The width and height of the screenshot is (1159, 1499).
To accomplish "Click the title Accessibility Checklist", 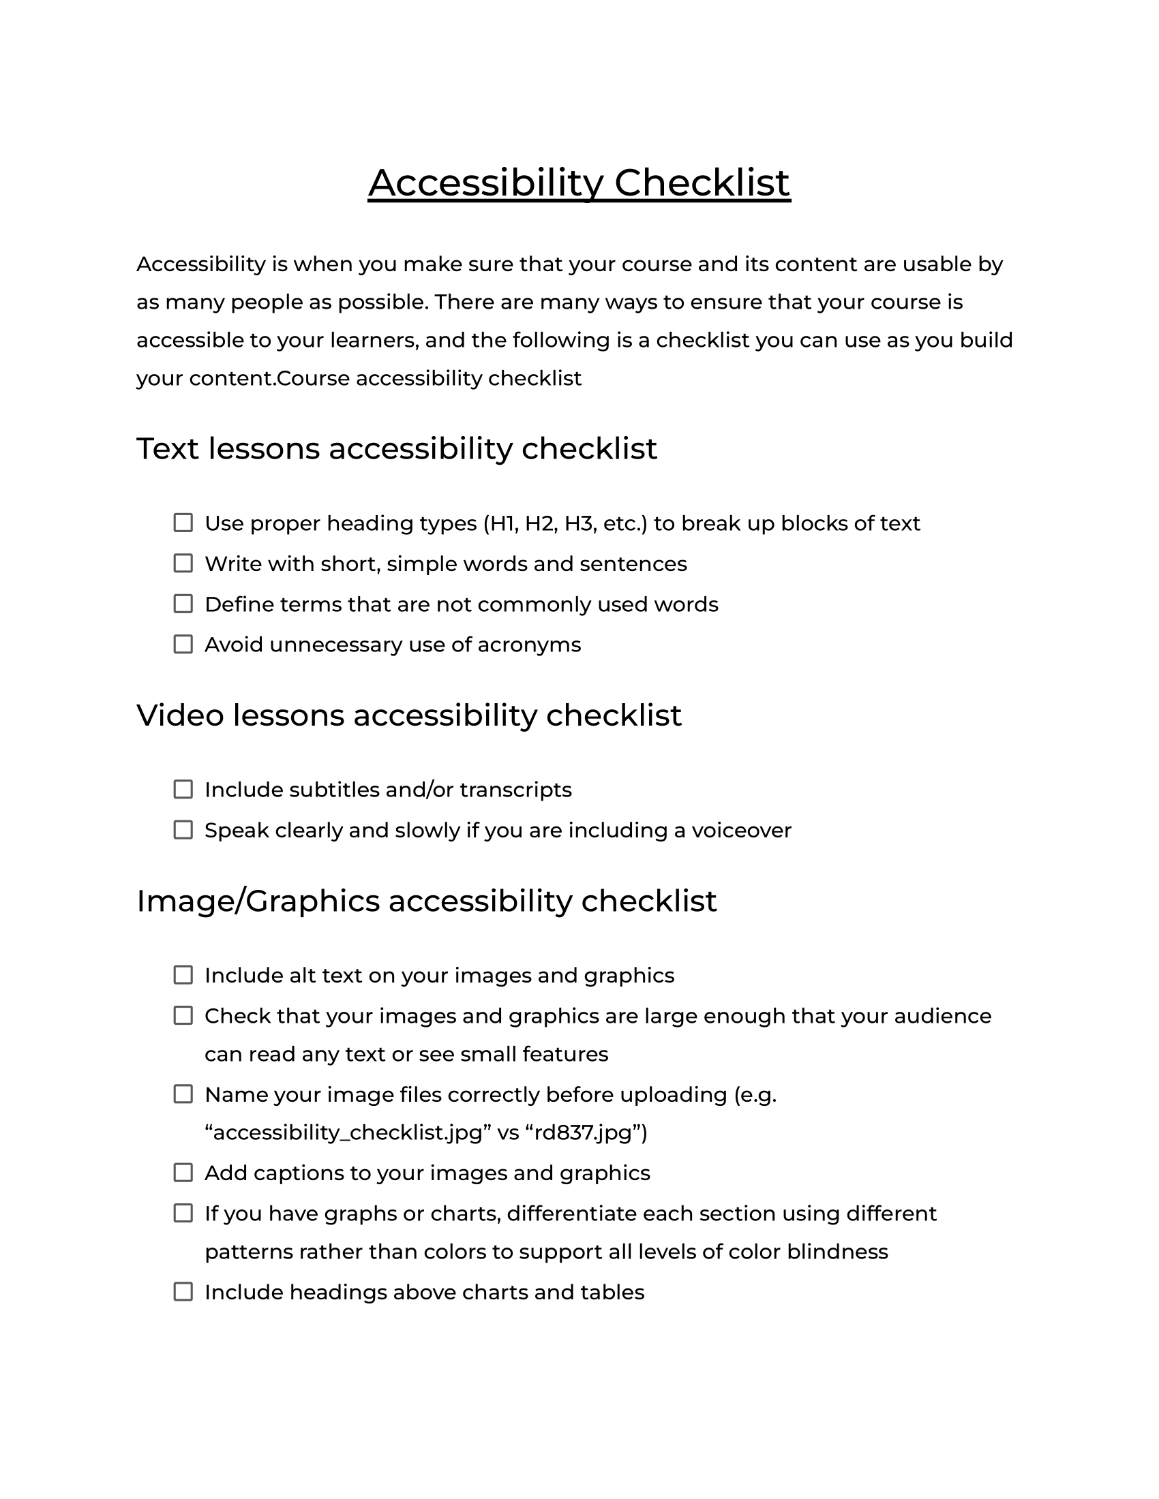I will coord(579,183).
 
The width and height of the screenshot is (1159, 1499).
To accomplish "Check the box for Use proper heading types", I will coord(183,523).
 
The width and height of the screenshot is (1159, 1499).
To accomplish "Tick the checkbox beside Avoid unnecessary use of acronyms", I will coord(183,645).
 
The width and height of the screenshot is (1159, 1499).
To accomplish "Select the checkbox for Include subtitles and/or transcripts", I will coord(183,789).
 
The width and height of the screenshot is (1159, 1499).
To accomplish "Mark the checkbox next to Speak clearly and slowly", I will coord(183,830).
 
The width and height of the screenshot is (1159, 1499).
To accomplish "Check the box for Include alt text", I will coord(183,974).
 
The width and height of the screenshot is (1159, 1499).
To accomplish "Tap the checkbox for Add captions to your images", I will coord(183,1173).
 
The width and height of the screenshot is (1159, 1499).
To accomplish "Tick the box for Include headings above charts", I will coord(183,1292).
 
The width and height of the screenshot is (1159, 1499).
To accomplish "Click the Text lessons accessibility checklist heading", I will coord(396,449).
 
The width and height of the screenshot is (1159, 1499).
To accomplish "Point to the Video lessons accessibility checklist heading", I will coord(408,715).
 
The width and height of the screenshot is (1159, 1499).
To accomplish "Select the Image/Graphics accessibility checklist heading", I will coord(426,901).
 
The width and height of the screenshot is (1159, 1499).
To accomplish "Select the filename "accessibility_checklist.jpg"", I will coord(348,1132).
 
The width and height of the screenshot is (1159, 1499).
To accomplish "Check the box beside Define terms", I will coord(183,604).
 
